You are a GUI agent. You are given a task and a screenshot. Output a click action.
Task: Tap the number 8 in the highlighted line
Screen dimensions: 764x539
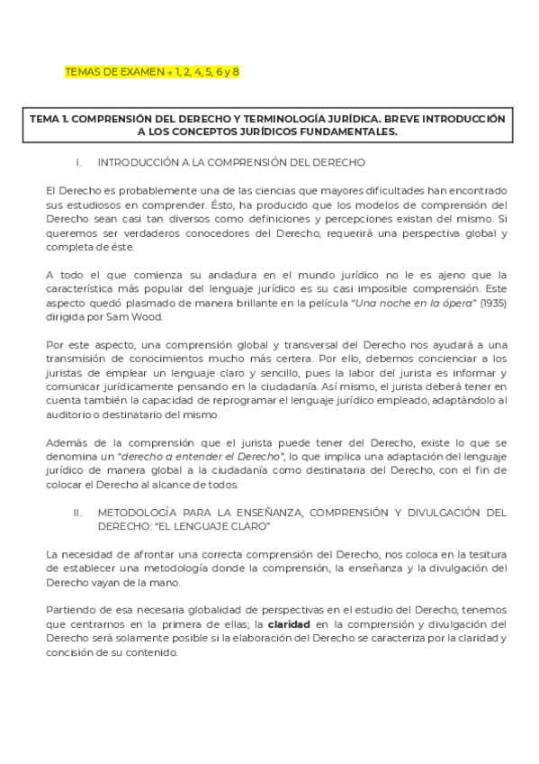point(236,71)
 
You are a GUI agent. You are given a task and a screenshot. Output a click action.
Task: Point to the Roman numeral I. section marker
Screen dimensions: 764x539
point(104,163)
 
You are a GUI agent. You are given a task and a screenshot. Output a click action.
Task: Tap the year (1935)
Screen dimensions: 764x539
point(490,303)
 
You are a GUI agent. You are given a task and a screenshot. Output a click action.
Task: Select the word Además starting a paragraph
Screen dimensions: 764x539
point(67,442)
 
